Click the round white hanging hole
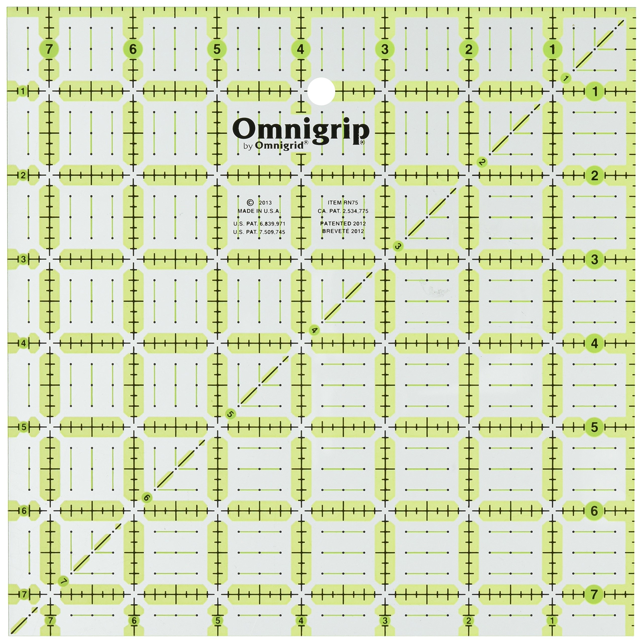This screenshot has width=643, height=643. pos(321,91)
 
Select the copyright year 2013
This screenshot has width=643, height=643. pos(265,203)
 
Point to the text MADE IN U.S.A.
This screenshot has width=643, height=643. pos(259,211)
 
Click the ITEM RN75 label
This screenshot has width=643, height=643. pos(343,203)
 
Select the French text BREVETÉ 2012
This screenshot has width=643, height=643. pos(343,231)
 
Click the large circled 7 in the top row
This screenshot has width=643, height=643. pos(49,49)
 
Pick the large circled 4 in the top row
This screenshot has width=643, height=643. pos(301,49)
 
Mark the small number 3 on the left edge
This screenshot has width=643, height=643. pos(23,259)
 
